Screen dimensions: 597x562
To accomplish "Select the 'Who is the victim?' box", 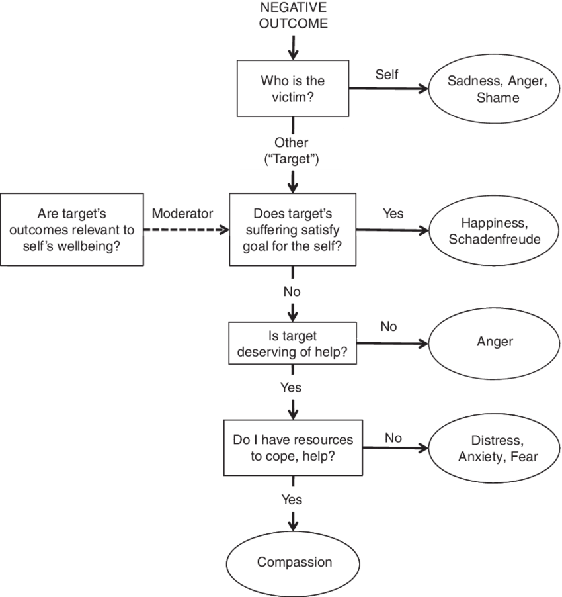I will pos(292,89).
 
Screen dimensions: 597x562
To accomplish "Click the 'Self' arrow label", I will pos(387,74).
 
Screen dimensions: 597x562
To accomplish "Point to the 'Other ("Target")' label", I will pos(292,150).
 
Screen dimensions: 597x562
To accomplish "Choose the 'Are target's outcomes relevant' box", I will pos(72,230).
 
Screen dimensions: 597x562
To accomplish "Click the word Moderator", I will pos(182,214).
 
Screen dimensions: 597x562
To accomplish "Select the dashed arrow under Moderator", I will pos(186,230).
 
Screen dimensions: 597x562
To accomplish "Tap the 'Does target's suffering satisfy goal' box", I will pos(292,230).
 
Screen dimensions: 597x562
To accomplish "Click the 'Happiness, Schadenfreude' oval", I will pos(495,230).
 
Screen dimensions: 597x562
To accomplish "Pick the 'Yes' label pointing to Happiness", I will pos(393,214).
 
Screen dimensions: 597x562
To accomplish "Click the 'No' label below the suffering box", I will pos(292,291).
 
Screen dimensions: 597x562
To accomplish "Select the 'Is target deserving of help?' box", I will pos(292,343).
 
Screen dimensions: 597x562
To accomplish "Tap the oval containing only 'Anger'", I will pos(495,342).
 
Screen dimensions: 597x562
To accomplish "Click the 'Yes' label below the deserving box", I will pos(291,387).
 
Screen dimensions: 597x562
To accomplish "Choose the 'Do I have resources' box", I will pos(292,447).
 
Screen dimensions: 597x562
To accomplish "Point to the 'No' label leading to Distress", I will pos(393,437).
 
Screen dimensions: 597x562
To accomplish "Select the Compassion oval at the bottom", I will pos(294,563).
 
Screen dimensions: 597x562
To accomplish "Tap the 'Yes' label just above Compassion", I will pos(292,499).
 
